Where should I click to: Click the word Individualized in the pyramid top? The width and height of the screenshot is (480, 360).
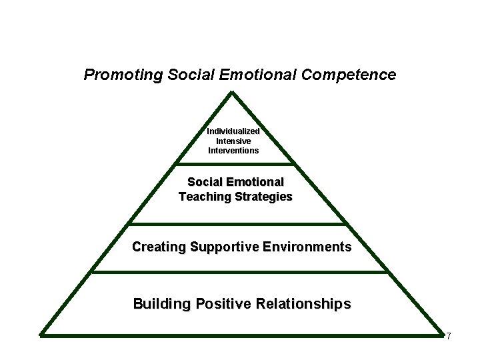(233, 131)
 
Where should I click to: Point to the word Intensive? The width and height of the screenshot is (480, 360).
(233, 141)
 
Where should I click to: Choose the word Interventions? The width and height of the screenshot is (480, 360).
(233, 150)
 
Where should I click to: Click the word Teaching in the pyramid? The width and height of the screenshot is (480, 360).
(203, 197)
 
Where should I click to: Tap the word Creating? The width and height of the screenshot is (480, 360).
(159, 247)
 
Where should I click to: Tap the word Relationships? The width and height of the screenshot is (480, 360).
(306, 305)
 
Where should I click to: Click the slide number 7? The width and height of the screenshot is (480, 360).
(449, 336)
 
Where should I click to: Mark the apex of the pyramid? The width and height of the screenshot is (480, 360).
(233, 93)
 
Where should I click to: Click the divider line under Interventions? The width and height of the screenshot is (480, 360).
(234, 163)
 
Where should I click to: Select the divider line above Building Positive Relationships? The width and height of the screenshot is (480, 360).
(238, 271)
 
